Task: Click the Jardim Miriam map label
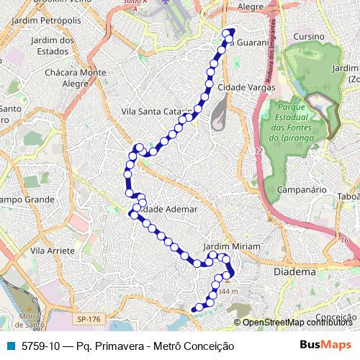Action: [x=231, y=246]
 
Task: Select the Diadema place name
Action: [x=295, y=273]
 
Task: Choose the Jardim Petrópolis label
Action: [x=52, y=21]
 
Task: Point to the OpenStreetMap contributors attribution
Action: [x=297, y=323]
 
